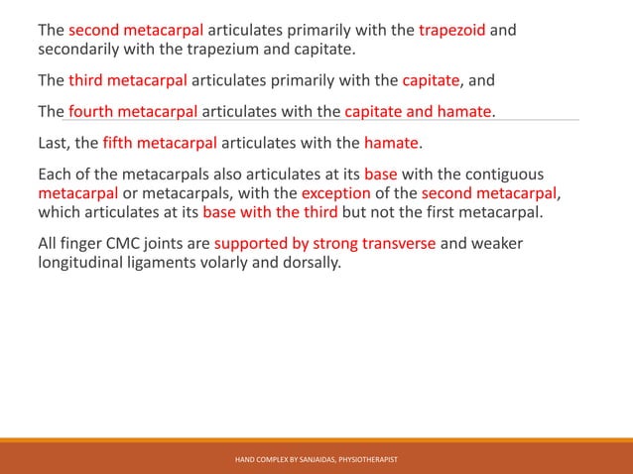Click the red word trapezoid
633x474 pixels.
pos(452,29)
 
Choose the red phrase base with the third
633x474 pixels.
pos(270,212)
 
